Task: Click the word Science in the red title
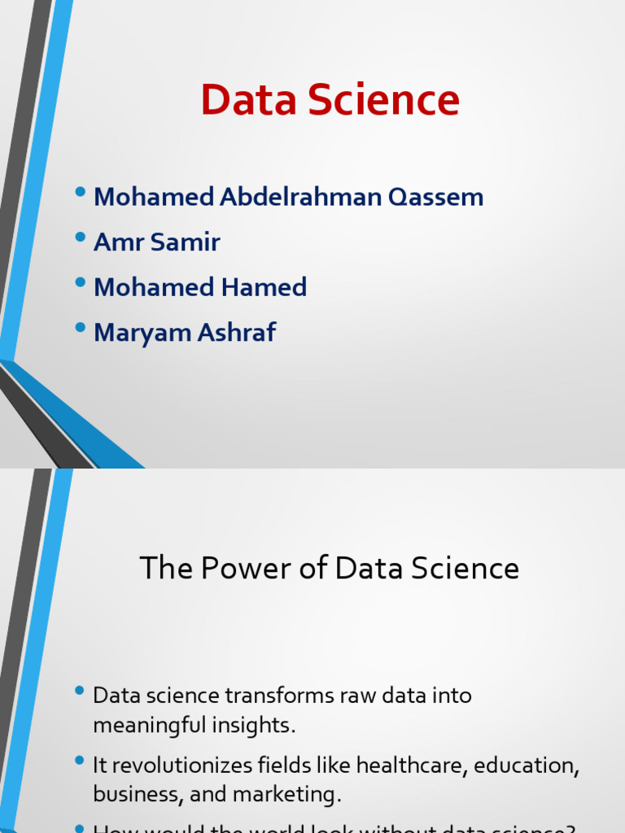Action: pyautogui.click(x=385, y=100)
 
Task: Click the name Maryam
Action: pyautogui.click(x=137, y=333)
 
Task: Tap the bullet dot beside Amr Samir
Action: pyautogui.click(x=79, y=238)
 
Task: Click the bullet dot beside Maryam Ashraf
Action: pyautogui.click(x=79, y=329)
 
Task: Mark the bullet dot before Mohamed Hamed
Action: pyautogui.click(x=79, y=283)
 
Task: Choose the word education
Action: pyautogui.click(x=526, y=765)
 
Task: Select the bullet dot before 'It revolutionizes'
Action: pyautogui.click(x=79, y=761)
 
